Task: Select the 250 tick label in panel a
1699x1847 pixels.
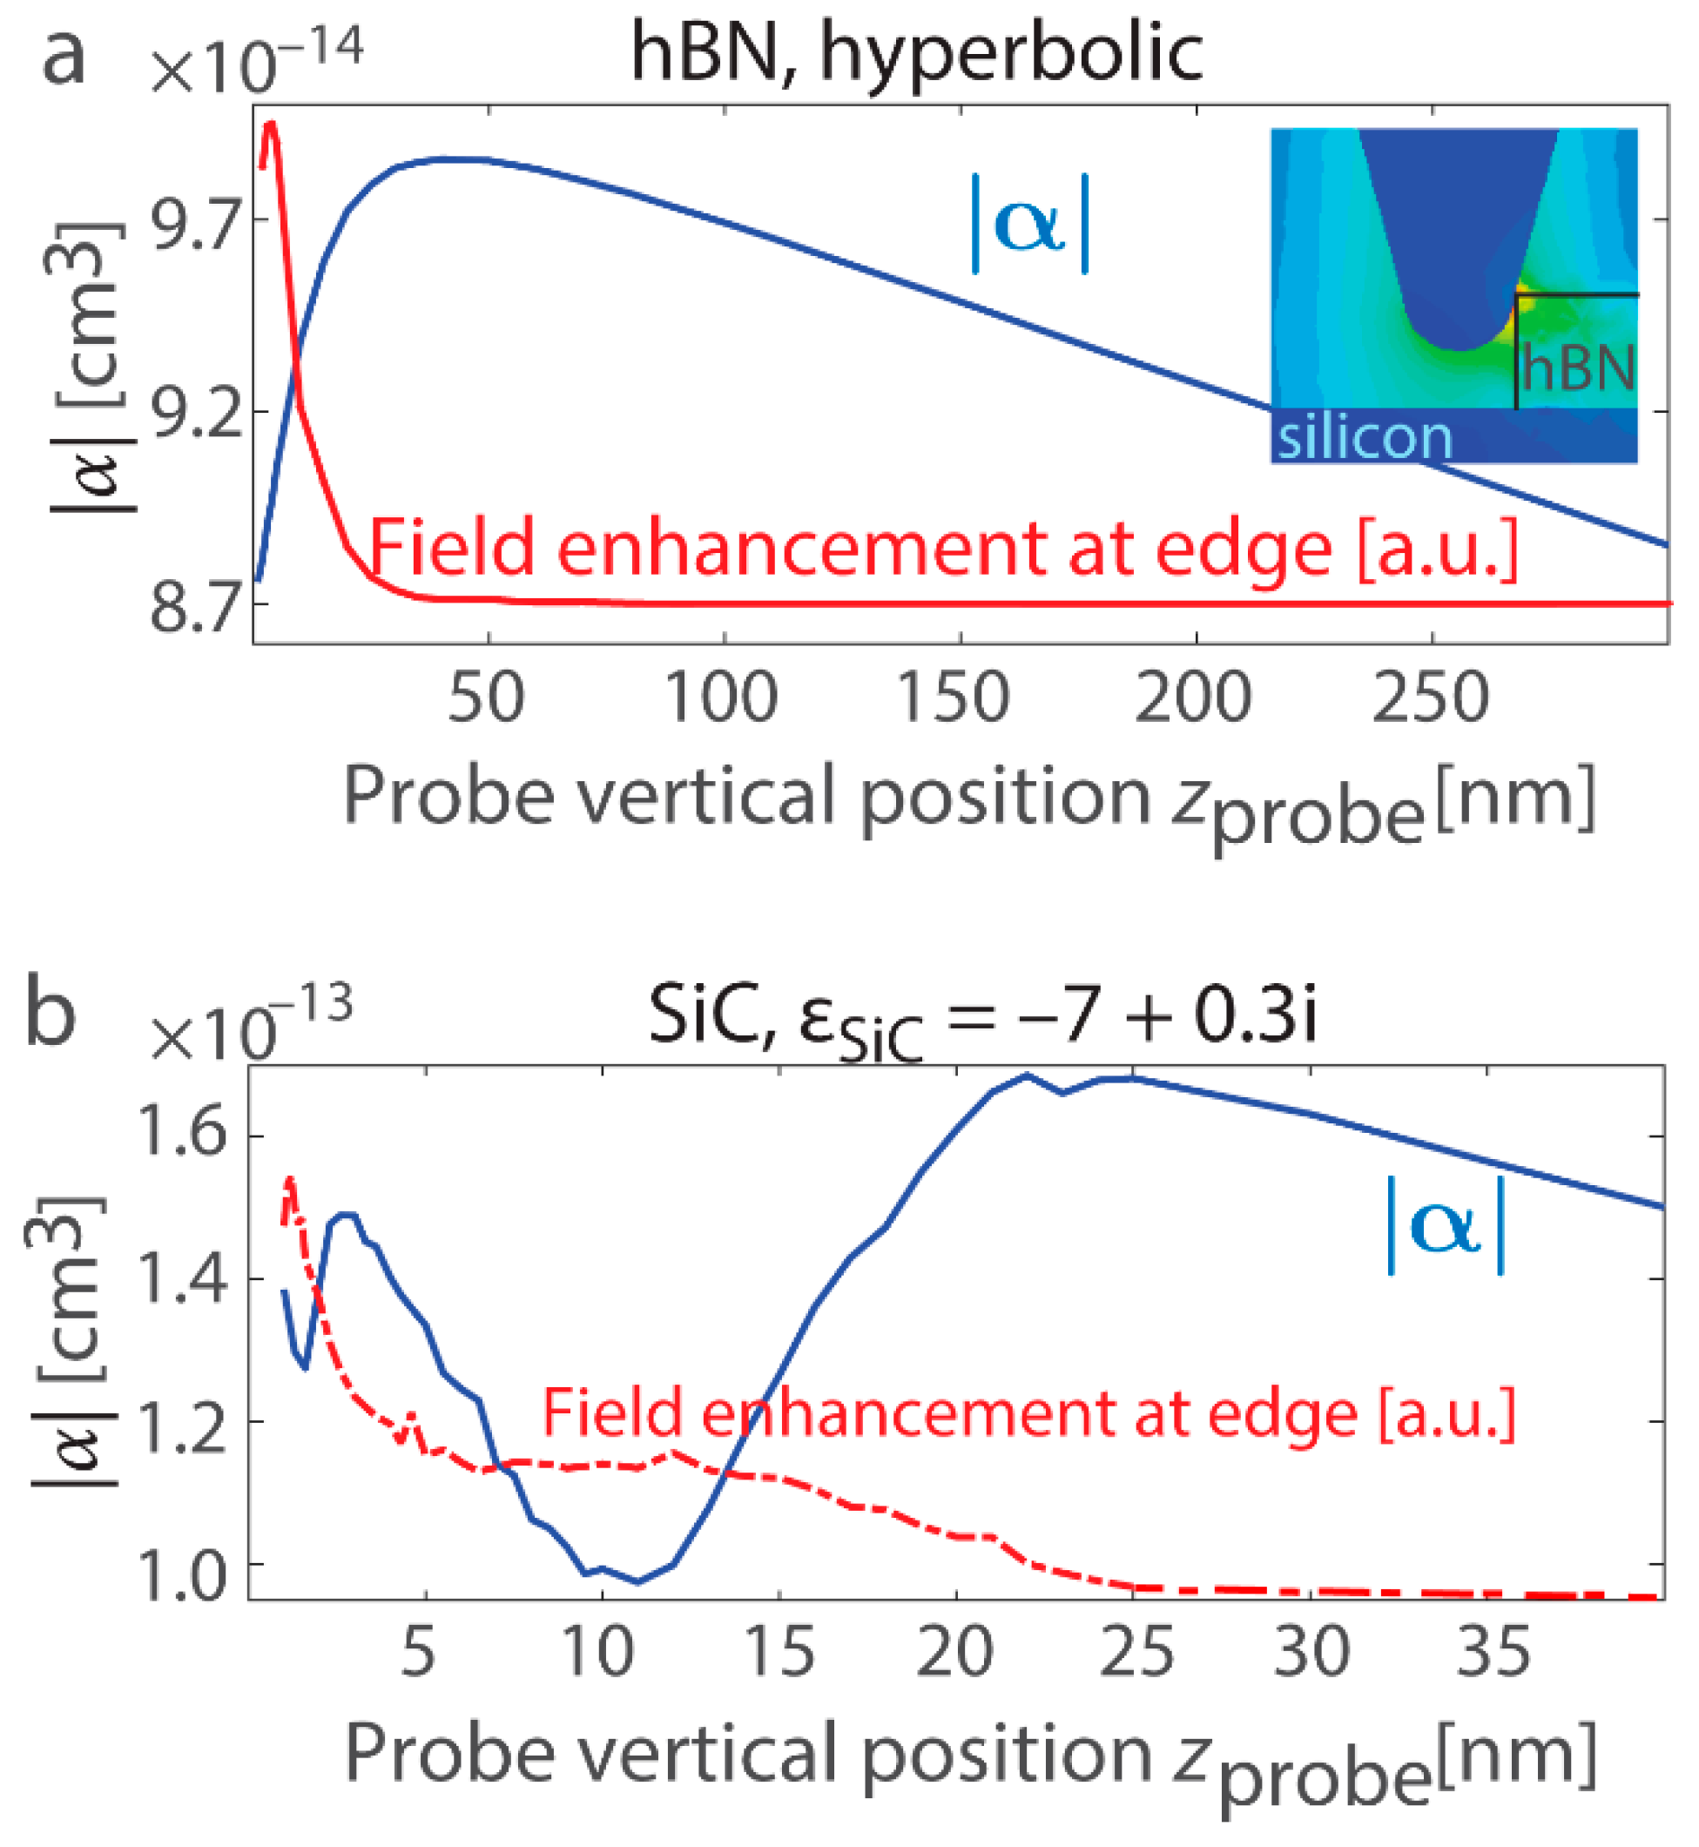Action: click(x=1430, y=698)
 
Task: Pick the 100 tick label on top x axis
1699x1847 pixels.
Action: click(x=722, y=698)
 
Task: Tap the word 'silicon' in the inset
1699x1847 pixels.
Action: click(x=1365, y=436)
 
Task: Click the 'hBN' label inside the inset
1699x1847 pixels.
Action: click(x=1577, y=367)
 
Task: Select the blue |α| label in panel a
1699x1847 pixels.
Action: click(x=1029, y=225)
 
